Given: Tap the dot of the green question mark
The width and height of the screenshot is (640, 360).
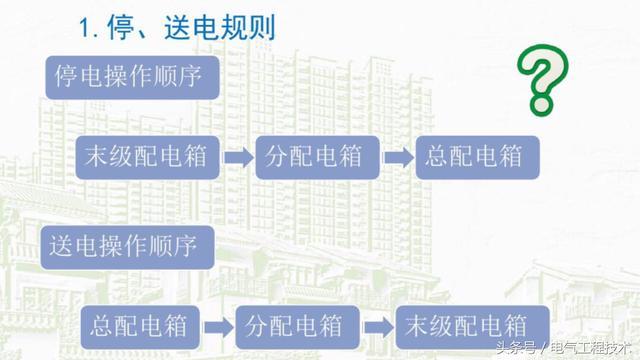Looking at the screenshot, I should click(541, 103).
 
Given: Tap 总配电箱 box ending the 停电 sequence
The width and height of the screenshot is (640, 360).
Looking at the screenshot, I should click(474, 157).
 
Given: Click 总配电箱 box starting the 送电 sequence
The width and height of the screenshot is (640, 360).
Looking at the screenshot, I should click(141, 326).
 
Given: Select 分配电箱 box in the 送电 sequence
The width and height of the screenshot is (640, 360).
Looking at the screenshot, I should click(293, 326).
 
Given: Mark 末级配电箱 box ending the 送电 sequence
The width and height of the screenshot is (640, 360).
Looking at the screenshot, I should click(463, 326).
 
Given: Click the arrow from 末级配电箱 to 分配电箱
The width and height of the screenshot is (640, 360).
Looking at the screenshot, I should click(238, 158).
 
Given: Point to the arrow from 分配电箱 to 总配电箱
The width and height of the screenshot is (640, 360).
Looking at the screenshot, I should click(398, 158).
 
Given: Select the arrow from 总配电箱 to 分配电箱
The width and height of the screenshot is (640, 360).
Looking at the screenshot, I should click(220, 327).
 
